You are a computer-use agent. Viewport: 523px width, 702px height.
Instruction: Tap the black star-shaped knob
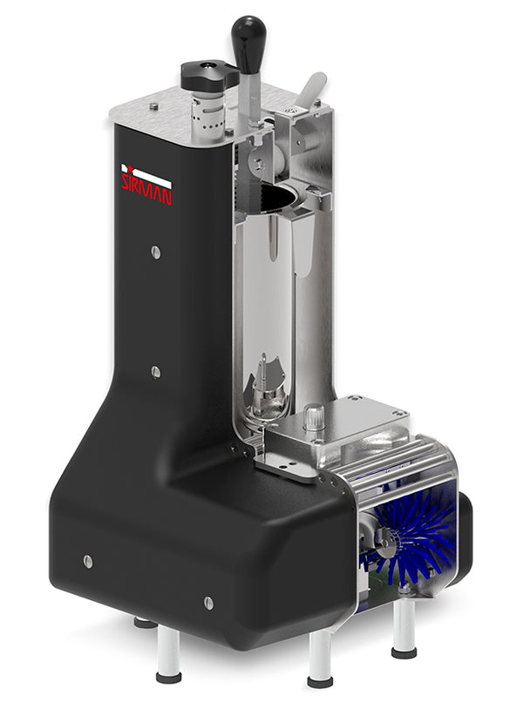click(x=208, y=75)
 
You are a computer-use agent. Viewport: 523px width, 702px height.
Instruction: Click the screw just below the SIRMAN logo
click(x=155, y=252)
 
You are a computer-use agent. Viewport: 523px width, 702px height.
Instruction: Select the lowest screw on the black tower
click(x=155, y=371)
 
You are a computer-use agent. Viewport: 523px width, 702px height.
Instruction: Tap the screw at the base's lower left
click(x=88, y=560)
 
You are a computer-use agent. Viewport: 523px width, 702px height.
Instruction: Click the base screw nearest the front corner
click(x=208, y=603)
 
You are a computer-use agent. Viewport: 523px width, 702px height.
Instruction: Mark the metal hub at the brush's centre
click(x=384, y=550)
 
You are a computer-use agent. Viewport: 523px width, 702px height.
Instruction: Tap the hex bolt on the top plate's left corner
click(x=153, y=107)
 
